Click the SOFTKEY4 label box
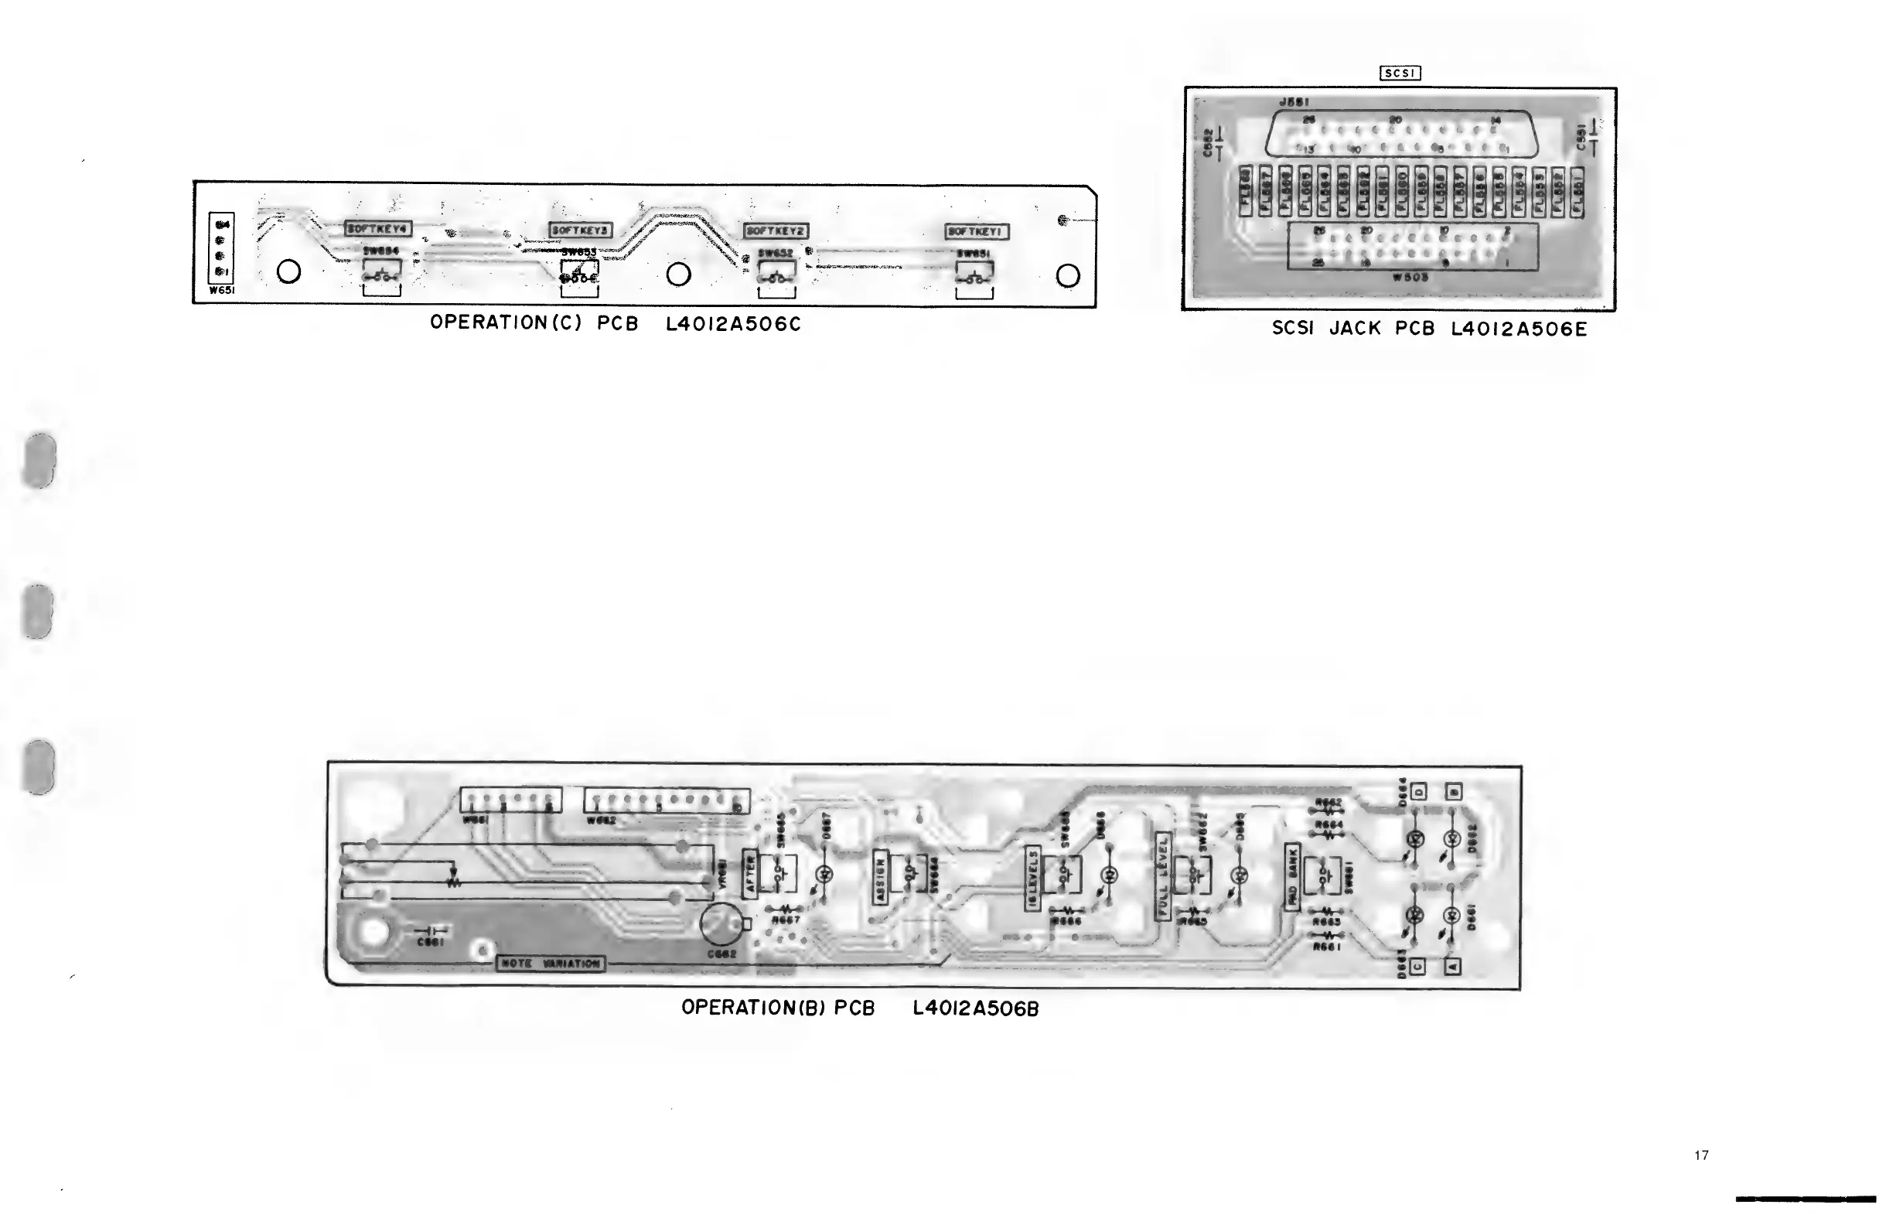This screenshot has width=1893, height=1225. pyautogui.click(x=378, y=228)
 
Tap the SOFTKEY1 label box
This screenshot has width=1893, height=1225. pyautogui.click(x=977, y=231)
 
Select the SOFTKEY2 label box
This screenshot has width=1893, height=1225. pyautogui.click(x=776, y=230)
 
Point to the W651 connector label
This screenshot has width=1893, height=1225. pyautogui.click(x=222, y=290)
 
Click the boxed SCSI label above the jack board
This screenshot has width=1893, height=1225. pyautogui.click(x=1400, y=73)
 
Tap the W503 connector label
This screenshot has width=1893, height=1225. pyautogui.click(x=1410, y=278)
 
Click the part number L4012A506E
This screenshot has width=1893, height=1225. pyautogui.click(x=1519, y=329)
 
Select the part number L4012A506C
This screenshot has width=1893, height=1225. pyautogui.click(x=733, y=324)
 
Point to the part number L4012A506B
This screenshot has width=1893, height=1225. pyautogui.click(x=976, y=1008)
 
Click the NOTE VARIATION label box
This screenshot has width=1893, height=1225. pyautogui.click(x=551, y=964)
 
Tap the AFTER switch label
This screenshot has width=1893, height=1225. pyautogui.click(x=749, y=874)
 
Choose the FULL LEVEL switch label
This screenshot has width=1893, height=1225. pyautogui.click(x=1163, y=875)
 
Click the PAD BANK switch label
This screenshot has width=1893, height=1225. pyautogui.click(x=1291, y=876)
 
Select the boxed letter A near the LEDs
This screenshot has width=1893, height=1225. pyautogui.click(x=1452, y=967)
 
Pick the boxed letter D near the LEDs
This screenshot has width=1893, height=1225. pyautogui.click(x=1418, y=791)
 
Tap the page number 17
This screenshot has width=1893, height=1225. pyautogui.click(x=1701, y=1155)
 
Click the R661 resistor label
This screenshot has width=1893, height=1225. pyautogui.click(x=1328, y=947)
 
